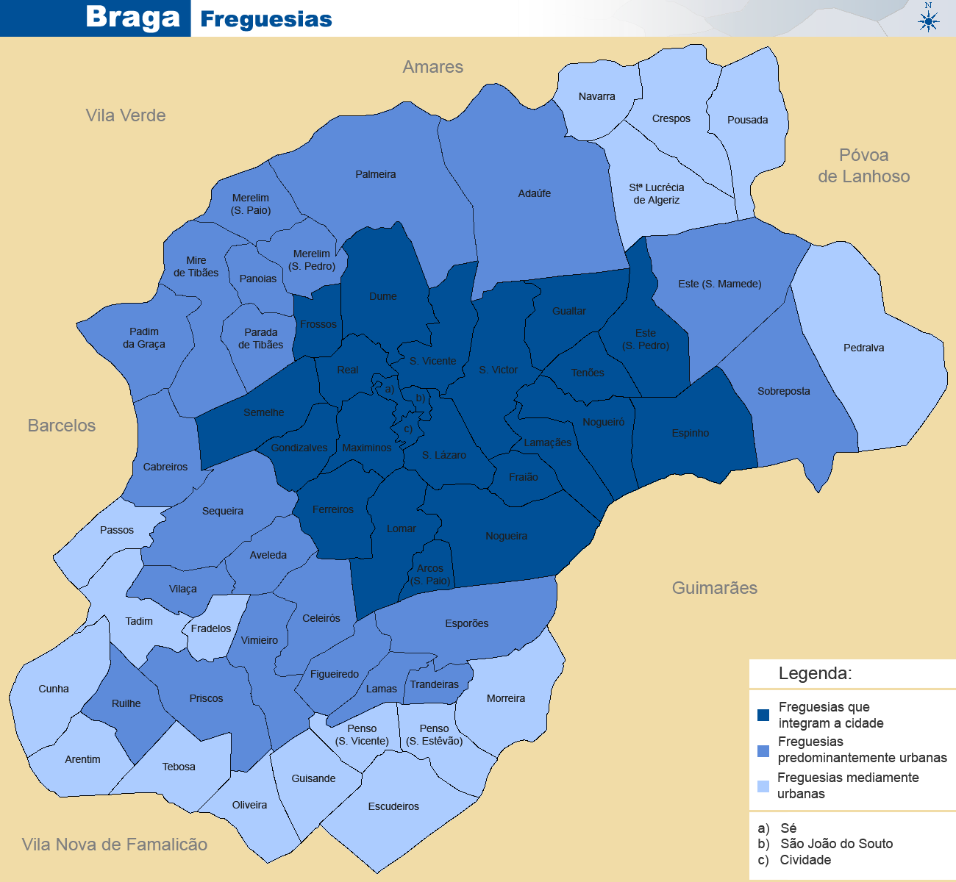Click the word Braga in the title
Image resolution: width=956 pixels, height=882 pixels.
pos(132,17)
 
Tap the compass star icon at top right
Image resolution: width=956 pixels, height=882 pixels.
pos(929,21)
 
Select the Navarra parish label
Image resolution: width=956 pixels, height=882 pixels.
pos(596,96)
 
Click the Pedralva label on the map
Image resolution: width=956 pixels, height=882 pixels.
pos(863,348)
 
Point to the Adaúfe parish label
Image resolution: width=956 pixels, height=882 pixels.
pos(534,193)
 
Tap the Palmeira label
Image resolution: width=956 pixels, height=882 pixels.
pos(375,174)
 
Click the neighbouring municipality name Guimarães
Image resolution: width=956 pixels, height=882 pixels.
pos(714,587)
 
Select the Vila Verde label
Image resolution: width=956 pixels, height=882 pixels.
pos(125,115)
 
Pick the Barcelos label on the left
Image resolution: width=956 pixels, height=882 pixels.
pos(62,426)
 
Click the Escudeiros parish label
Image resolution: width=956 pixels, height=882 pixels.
pos(393,806)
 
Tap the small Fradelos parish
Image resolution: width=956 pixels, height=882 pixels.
pos(211,628)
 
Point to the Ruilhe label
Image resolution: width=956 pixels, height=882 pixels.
pos(126,703)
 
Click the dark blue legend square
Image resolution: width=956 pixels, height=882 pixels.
pos(763,715)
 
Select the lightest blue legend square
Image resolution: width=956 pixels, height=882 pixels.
pos(763,786)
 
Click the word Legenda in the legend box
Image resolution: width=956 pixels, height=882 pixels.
pos(815,673)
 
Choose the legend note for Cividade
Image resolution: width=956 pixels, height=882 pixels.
pos(796,860)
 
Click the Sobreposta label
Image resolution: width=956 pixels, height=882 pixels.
pos(783,391)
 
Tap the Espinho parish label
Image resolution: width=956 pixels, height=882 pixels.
pos(690,433)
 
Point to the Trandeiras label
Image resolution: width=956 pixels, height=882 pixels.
pos(434,684)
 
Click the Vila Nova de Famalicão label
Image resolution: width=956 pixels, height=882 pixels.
pos(115,845)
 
